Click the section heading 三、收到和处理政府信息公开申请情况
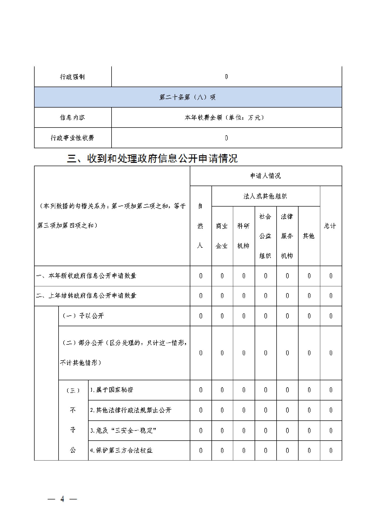[x=152, y=159]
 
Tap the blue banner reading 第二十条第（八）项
[x=187, y=97]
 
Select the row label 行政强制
[x=72, y=77]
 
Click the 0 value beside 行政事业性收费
[x=226, y=138]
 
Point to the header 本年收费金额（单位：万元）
[x=224, y=117]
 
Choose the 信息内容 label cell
[x=72, y=117]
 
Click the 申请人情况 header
[x=265, y=176]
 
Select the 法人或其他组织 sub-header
[x=265, y=196]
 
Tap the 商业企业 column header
[x=222, y=236]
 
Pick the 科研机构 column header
[x=244, y=236]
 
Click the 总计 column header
[x=330, y=226]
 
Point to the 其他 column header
[x=309, y=236]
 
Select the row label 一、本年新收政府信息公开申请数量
[x=86, y=276]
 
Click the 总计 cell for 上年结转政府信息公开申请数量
[x=331, y=296]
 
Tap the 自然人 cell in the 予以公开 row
[x=201, y=316]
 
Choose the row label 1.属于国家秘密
[x=112, y=390]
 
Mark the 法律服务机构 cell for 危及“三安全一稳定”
[x=287, y=431]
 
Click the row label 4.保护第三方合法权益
[x=121, y=450]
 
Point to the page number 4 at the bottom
[x=62, y=499]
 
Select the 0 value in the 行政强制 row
[x=226, y=77]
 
